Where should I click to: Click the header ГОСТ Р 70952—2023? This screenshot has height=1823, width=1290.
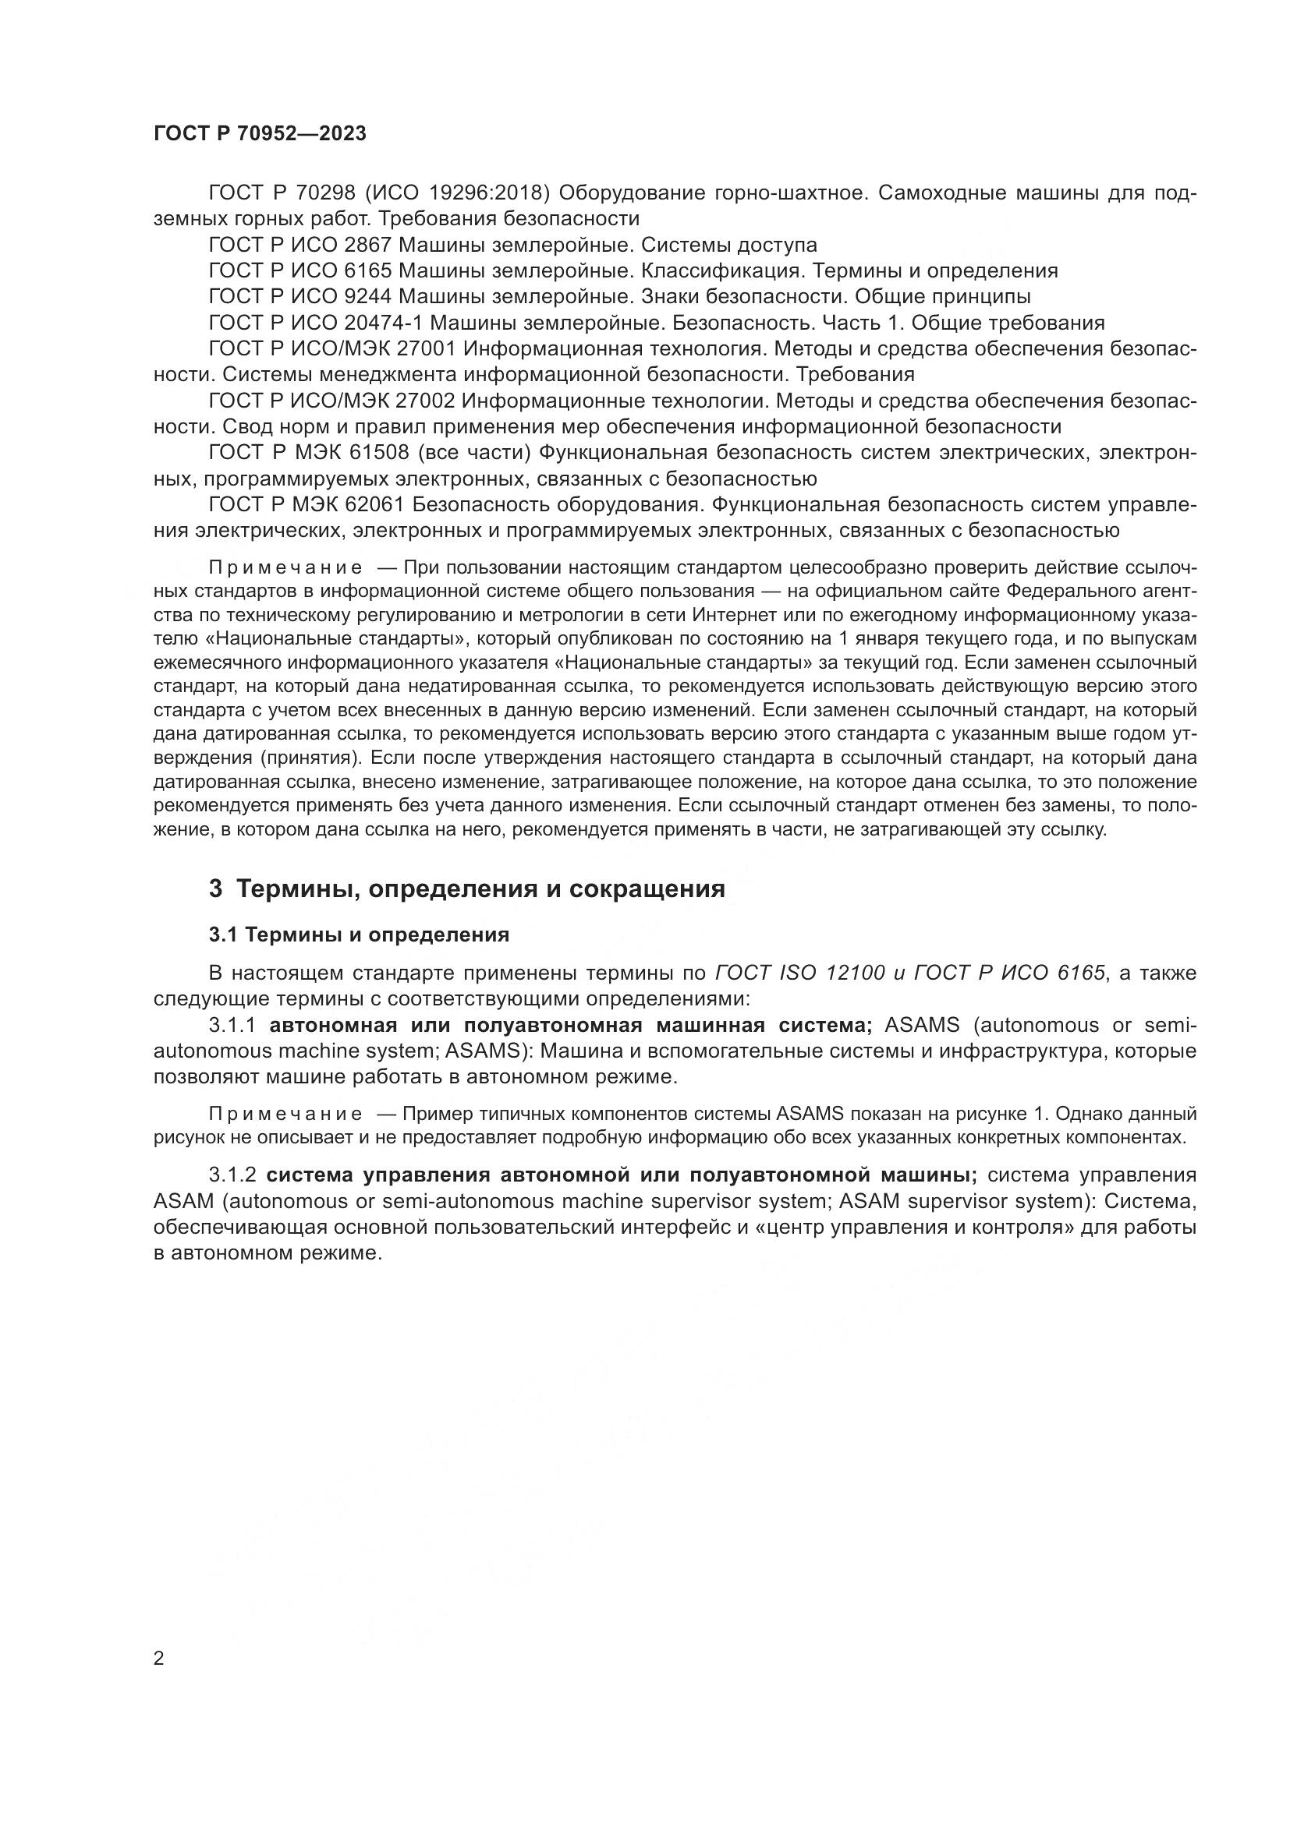(x=260, y=134)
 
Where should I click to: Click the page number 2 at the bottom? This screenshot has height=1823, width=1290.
(x=159, y=1659)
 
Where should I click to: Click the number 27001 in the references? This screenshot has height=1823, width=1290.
(x=425, y=349)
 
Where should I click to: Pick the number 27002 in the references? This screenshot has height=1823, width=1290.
(x=425, y=401)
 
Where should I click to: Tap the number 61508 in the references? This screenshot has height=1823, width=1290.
(x=378, y=453)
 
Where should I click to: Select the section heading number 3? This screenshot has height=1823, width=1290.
(x=215, y=889)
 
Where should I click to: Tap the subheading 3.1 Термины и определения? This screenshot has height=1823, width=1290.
(x=359, y=934)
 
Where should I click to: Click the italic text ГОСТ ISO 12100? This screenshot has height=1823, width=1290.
(x=800, y=973)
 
